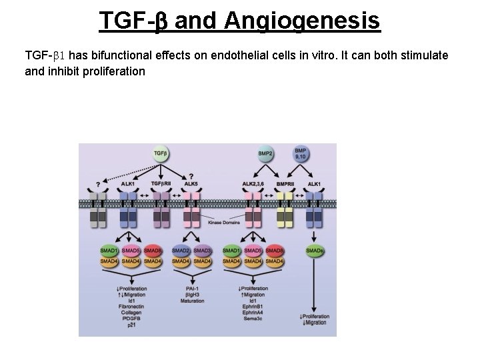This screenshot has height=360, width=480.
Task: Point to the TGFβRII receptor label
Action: click(x=161, y=183)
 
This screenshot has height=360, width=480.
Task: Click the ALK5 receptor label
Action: click(x=191, y=183)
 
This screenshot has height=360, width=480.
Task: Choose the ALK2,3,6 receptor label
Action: click(x=254, y=183)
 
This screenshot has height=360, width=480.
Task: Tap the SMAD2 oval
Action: click(x=181, y=250)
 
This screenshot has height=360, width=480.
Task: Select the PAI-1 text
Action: click(x=192, y=289)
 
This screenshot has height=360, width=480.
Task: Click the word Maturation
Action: click(x=192, y=301)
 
